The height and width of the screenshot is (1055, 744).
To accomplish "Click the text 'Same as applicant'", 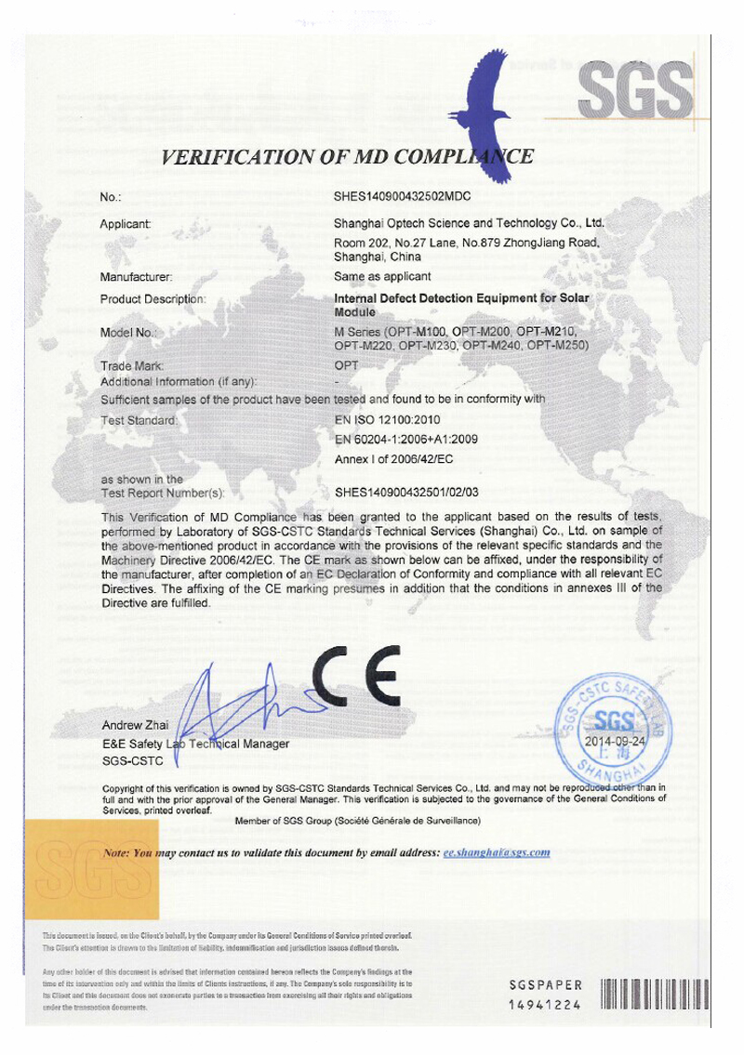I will coord(381,277).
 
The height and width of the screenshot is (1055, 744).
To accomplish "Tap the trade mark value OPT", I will coord(345,366).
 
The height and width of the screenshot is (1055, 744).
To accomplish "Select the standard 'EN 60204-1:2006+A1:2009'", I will coord(405,440).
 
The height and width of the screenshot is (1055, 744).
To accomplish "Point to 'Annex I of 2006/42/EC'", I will coord(392,459).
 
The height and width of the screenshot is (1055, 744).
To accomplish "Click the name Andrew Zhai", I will coord(134,724).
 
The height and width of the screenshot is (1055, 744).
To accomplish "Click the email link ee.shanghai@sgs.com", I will coord(498,851).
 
